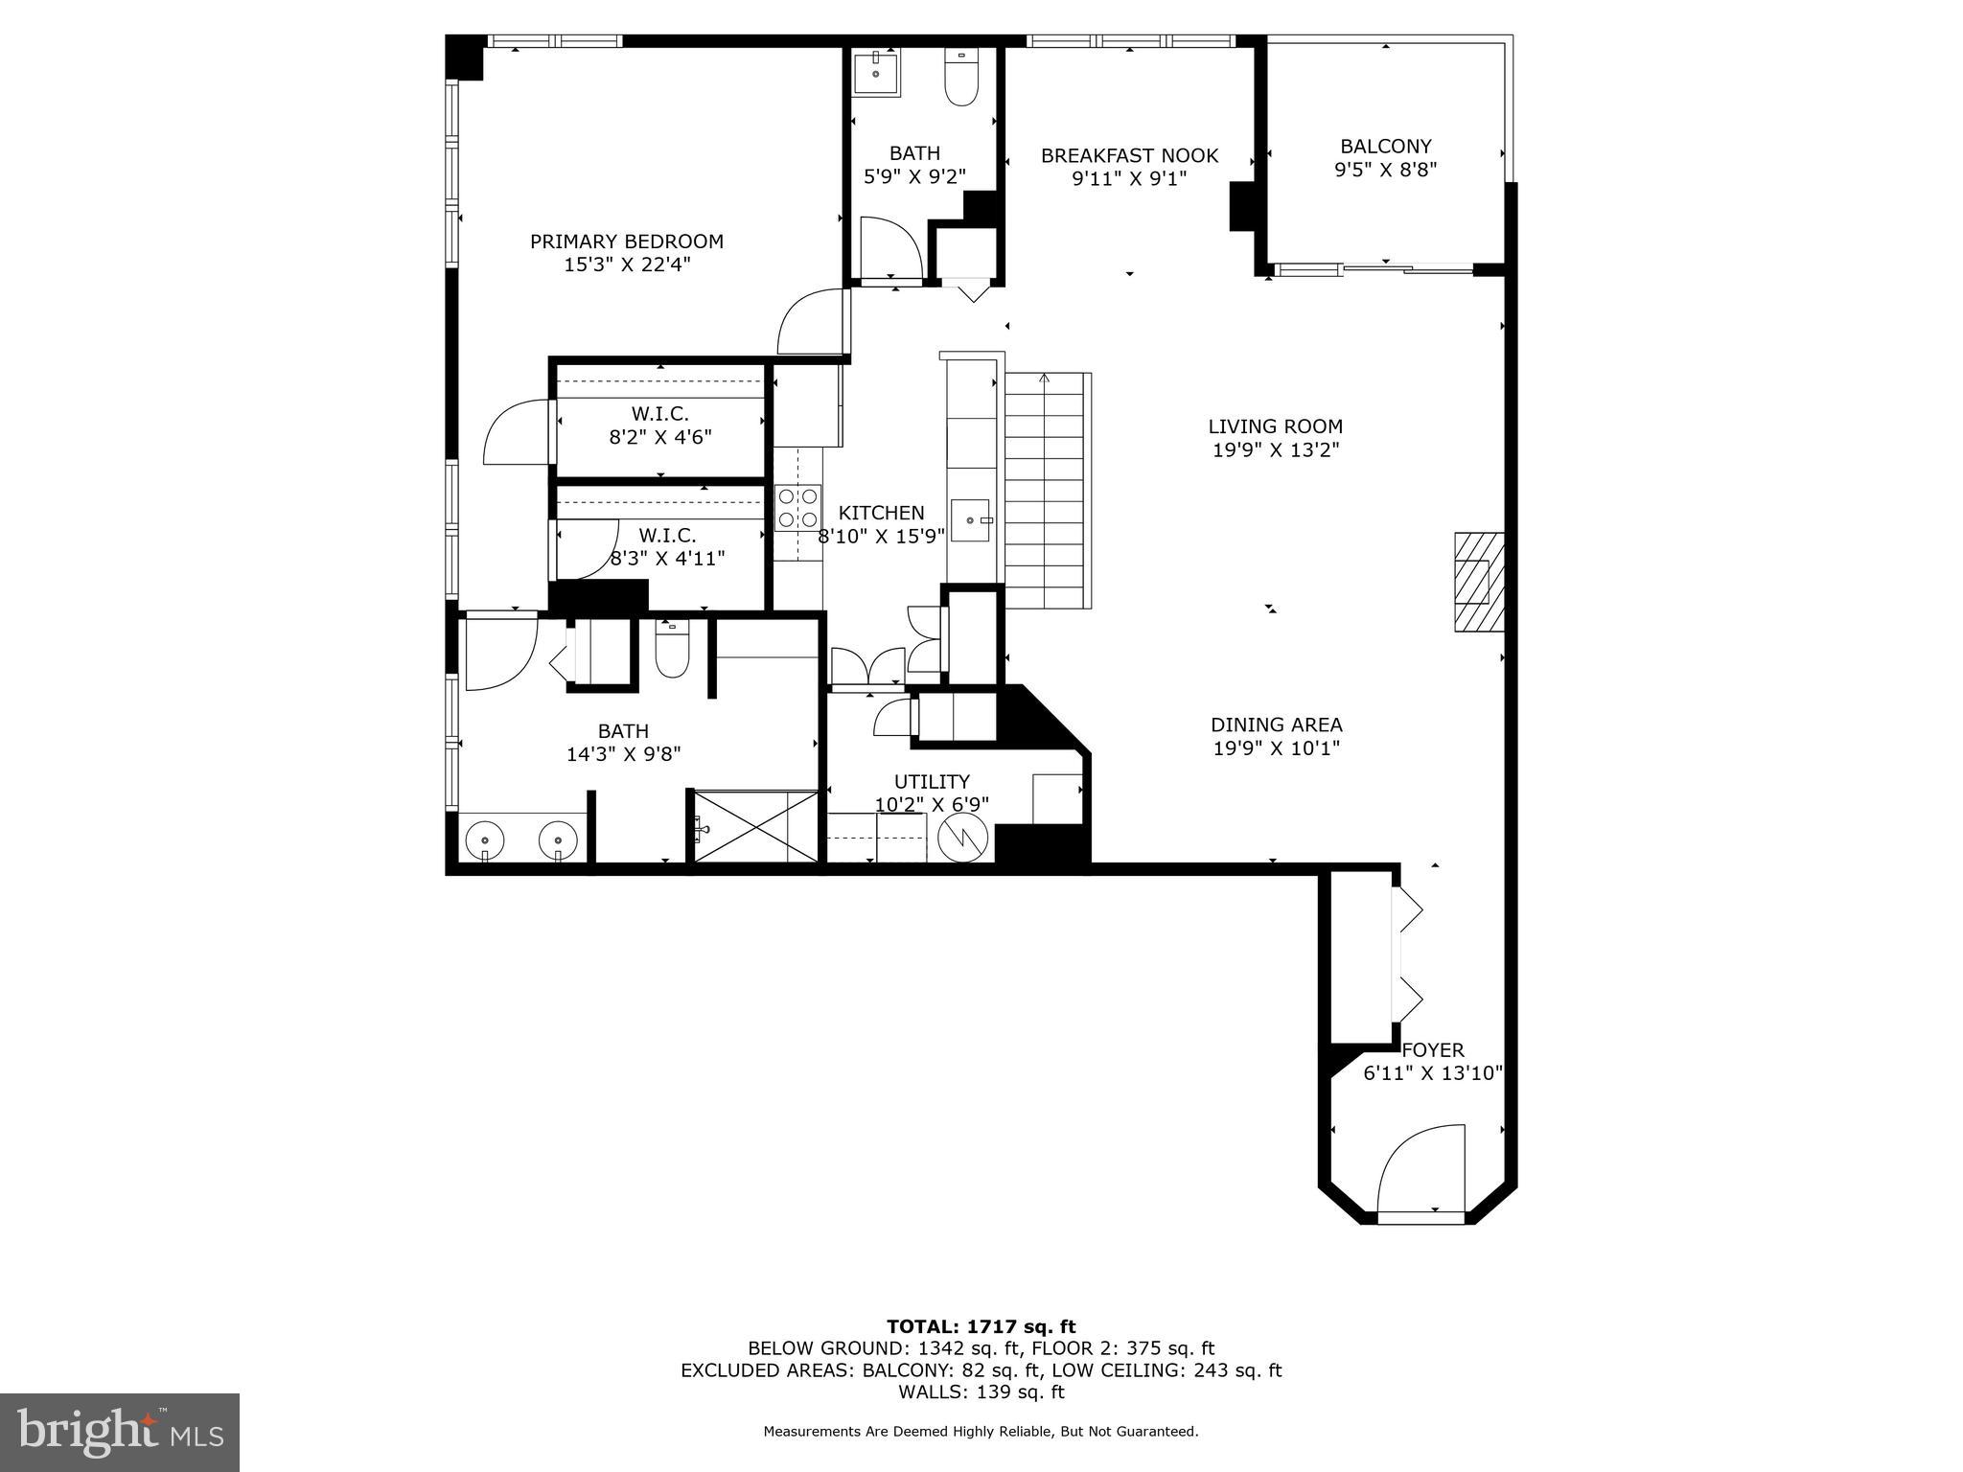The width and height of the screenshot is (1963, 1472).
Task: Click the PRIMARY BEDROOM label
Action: coord(626,241)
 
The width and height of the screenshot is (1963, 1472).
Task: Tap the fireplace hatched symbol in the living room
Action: coord(1478,582)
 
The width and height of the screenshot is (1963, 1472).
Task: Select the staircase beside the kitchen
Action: coord(1047,490)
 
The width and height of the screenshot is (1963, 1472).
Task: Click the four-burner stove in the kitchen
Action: coord(797,508)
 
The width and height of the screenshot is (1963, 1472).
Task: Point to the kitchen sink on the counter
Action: coord(970,520)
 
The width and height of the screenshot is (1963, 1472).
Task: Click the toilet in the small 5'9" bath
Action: coord(960,78)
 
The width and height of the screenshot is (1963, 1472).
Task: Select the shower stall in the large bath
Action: coord(755,826)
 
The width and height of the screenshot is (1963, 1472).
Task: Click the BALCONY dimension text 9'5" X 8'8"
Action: coord(1385,170)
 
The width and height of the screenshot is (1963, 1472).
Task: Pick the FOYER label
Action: coord(1432,1050)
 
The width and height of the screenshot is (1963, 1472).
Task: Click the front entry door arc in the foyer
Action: coord(1420,1168)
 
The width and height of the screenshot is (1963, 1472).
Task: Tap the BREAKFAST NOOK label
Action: coord(1129,155)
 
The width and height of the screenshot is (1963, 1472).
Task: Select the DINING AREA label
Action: coord(1276,725)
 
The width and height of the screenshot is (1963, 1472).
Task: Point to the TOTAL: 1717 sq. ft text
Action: coord(981,1326)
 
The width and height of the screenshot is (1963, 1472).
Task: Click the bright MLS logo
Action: coord(120,1433)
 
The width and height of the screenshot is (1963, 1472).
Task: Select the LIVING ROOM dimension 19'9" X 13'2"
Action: coord(1275,449)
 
